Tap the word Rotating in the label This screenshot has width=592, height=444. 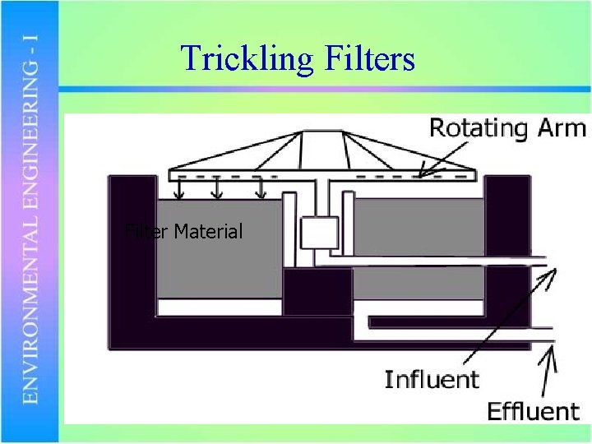[x=478, y=128]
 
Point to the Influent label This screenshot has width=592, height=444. [x=431, y=380]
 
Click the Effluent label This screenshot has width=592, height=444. [x=533, y=410]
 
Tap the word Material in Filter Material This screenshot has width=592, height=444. [x=208, y=232]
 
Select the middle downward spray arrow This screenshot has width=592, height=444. [x=217, y=189]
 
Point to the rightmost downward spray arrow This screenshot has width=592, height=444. [x=261, y=189]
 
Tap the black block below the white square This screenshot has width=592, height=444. [x=317, y=292]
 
